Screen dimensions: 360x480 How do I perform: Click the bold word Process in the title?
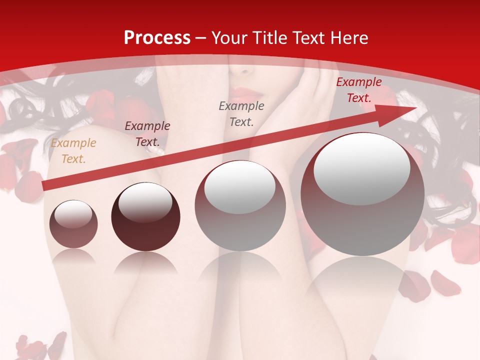pyautogui.click(x=157, y=38)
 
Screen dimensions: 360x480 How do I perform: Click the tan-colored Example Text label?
pyautogui.click(x=73, y=151)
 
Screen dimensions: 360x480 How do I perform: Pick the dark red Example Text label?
pyautogui.click(x=358, y=90)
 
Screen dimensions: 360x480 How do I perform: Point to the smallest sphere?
pyautogui.click(x=73, y=224)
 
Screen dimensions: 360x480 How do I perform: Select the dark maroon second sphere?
pyautogui.click(x=145, y=217)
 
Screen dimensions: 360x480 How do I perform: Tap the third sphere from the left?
pyautogui.click(x=240, y=205)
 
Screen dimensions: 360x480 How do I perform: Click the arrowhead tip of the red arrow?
pyautogui.click(x=415, y=108)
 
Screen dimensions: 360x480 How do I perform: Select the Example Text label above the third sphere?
pyautogui.click(x=241, y=113)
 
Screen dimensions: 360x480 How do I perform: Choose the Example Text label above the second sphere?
pyautogui.click(x=147, y=133)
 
